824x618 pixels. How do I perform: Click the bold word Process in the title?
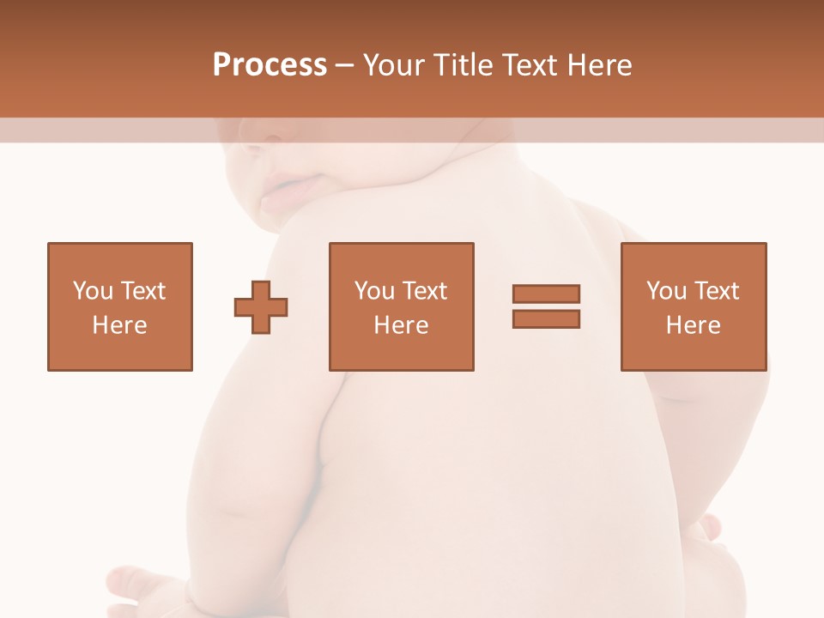tap(270, 65)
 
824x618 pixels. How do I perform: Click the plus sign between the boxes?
tap(261, 307)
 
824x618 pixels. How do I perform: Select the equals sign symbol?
tap(546, 306)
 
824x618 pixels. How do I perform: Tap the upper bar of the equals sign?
tap(546, 294)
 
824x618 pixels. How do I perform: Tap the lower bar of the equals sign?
tap(546, 319)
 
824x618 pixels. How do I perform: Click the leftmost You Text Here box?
tap(120, 306)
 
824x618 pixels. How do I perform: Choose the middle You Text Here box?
tap(401, 306)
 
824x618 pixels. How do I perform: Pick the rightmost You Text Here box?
tap(693, 306)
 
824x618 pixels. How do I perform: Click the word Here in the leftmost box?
tap(120, 325)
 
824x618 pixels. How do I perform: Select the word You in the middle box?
tap(374, 291)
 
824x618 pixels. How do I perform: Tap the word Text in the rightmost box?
tap(716, 291)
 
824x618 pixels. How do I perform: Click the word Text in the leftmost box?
tap(142, 291)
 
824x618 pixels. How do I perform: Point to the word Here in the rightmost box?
tap(693, 325)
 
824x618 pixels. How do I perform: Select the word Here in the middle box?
tap(401, 325)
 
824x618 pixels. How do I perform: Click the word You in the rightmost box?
tap(666, 291)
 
